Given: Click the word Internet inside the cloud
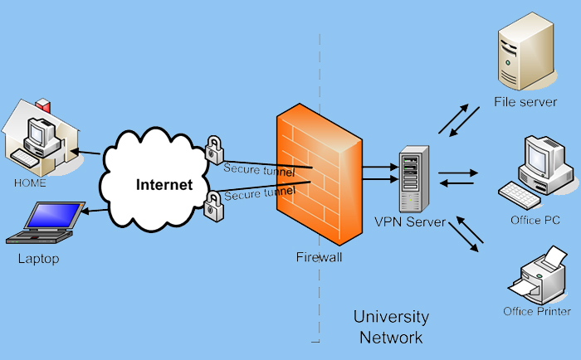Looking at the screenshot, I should pos(164,184).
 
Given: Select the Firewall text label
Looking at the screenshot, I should pos(319,257).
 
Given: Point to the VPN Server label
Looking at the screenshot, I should pos(410,221).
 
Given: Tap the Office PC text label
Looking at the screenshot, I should pos(536,220).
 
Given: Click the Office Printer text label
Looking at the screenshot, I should pos(537,312).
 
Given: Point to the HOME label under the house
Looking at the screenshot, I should pos(30,182).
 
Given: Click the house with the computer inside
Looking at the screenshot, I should pos(41,136).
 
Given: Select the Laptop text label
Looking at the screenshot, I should pos(39,259).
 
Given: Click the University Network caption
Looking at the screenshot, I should pos(391,327).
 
